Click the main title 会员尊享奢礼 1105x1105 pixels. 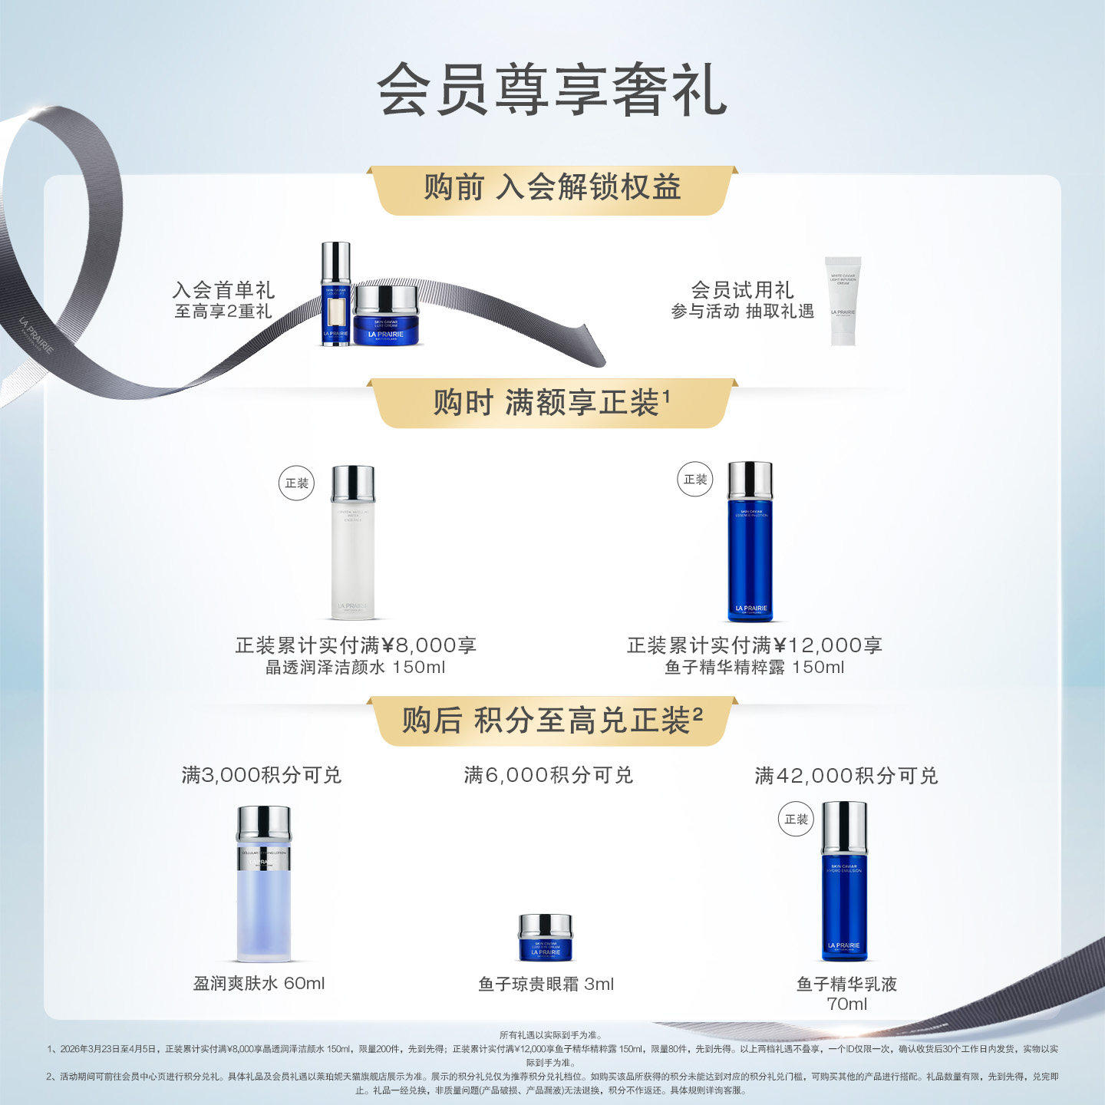point(552,90)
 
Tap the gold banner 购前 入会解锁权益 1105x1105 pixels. point(552,188)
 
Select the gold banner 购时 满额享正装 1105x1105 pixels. point(552,402)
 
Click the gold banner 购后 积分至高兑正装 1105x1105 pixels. point(552,720)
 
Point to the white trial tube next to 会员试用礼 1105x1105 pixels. point(843,301)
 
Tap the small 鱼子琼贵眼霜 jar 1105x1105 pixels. point(545,937)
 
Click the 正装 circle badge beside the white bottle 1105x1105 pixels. point(296,483)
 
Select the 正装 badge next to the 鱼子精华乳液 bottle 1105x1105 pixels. point(796,819)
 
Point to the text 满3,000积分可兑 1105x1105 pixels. point(261,775)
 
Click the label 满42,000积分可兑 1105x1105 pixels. point(846,776)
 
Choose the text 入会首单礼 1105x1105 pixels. point(223,290)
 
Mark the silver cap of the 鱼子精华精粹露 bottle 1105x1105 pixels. point(750,480)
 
